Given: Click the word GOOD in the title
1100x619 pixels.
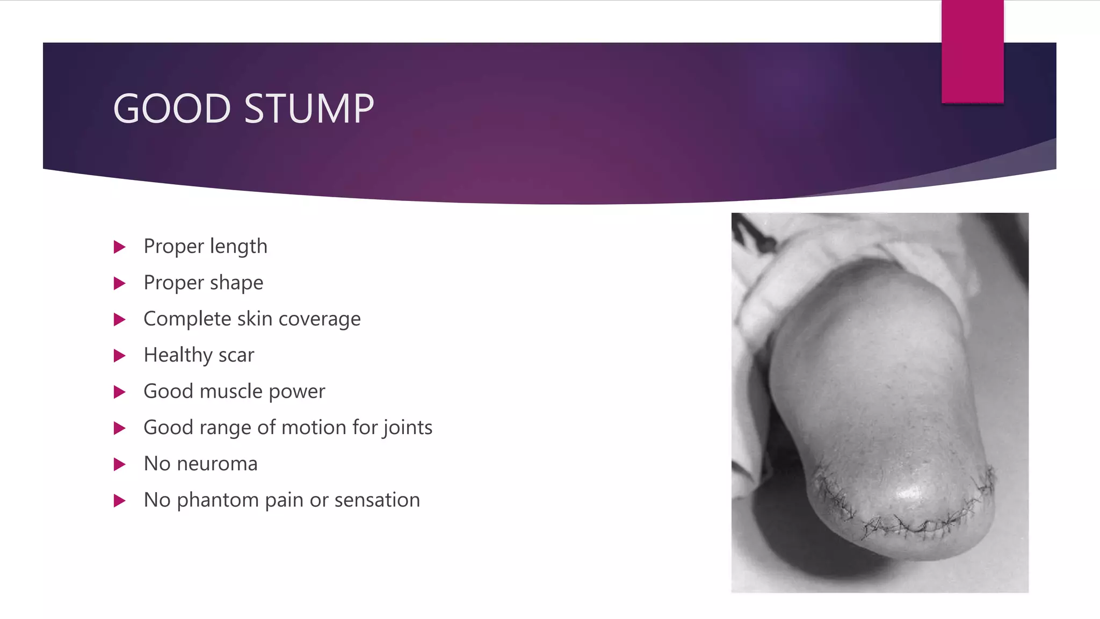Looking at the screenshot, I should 172,109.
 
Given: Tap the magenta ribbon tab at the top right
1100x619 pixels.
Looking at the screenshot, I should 972,51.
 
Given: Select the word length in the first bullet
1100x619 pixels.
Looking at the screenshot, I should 238,246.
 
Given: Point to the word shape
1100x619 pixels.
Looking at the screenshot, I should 237,283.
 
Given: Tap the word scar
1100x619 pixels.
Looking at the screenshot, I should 236,355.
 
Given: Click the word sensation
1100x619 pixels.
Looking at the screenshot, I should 377,500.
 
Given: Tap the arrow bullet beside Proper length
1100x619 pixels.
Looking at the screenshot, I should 120,247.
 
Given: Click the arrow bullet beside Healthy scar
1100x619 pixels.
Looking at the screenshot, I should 120,356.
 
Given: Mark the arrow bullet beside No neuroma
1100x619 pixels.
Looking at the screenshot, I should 120,464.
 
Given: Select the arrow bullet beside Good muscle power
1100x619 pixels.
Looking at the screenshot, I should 120,392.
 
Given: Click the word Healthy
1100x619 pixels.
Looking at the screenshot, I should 178,355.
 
